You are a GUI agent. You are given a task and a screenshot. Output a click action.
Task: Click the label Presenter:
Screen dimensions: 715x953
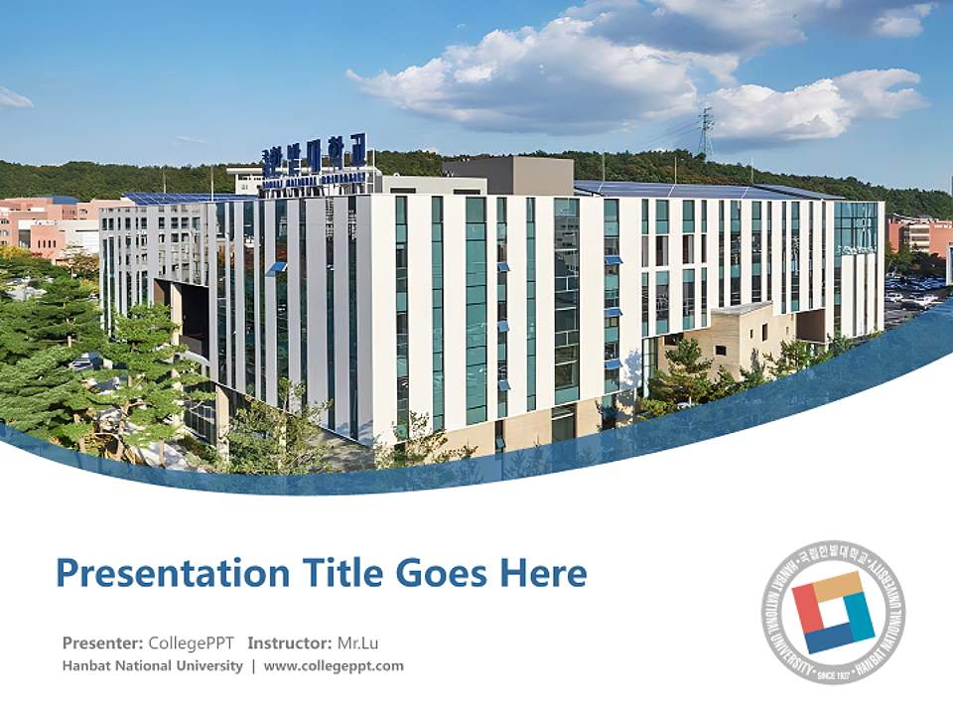pos(102,643)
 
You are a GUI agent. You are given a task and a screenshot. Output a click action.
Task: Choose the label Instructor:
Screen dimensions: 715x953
pos(289,643)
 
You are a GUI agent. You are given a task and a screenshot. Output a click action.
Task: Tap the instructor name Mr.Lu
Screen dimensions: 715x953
pos(358,643)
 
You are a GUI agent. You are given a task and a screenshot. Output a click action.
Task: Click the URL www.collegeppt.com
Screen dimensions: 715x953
pos(334,665)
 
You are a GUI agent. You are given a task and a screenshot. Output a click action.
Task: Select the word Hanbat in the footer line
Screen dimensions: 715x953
pos(86,665)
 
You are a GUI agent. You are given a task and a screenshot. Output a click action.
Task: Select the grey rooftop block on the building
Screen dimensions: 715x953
pos(508,176)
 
